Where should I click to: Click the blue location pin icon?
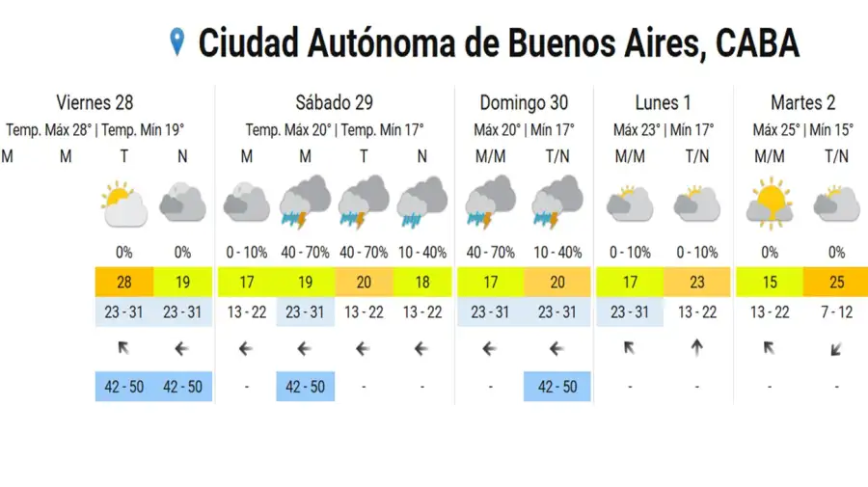pos(176,41)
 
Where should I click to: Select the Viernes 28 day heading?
pos(95,102)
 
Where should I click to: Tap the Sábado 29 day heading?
pos(334,102)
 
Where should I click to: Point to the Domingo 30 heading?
pos(524,102)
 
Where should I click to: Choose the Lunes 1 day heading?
pos(664,102)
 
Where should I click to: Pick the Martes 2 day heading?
pos(802,102)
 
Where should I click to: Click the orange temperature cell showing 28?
pos(123,284)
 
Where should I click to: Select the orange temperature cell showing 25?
pos(836,284)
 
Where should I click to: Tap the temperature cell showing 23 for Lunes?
pos(696,284)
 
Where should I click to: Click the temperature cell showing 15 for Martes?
pos(769,284)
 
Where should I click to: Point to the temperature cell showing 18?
pos(421,284)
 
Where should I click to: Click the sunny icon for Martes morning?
pos(769,203)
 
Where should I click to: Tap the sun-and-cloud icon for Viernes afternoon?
pos(123,203)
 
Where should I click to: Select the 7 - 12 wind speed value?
pos(836,311)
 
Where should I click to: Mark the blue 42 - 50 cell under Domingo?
pos(556,386)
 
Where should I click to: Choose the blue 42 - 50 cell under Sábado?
pos(305,386)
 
